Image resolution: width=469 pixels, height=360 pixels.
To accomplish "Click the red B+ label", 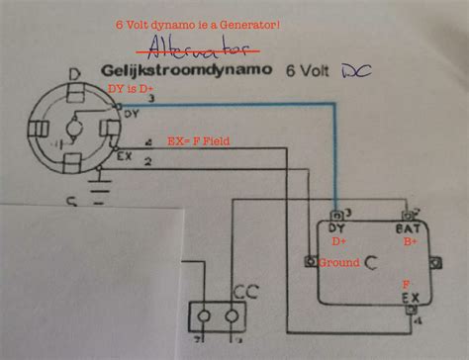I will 409,238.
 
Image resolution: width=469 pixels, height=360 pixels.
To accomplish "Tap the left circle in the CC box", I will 206,316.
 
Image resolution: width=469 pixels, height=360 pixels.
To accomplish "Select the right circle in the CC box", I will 234,316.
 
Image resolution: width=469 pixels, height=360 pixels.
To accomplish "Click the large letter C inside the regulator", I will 369,263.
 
